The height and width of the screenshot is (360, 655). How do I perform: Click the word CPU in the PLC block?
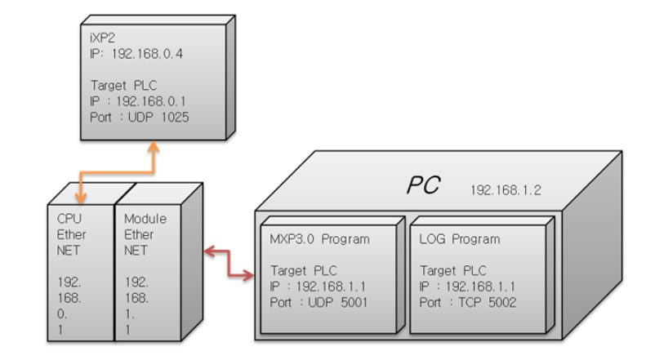(x=69, y=218)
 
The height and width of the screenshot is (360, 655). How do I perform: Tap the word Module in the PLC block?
(x=145, y=218)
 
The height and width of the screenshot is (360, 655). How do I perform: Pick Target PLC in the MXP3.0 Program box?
(x=301, y=269)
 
